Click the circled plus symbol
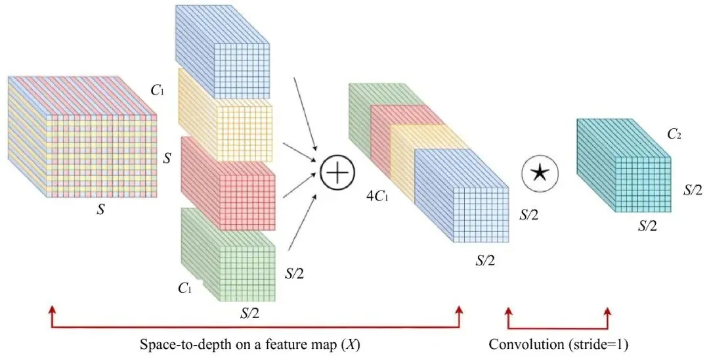[337, 173]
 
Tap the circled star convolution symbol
[539, 173]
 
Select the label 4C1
[378, 195]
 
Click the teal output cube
[624, 168]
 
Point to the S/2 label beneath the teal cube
[649, 225]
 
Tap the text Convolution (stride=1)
[559, 344]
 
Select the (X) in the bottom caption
[352, 344]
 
